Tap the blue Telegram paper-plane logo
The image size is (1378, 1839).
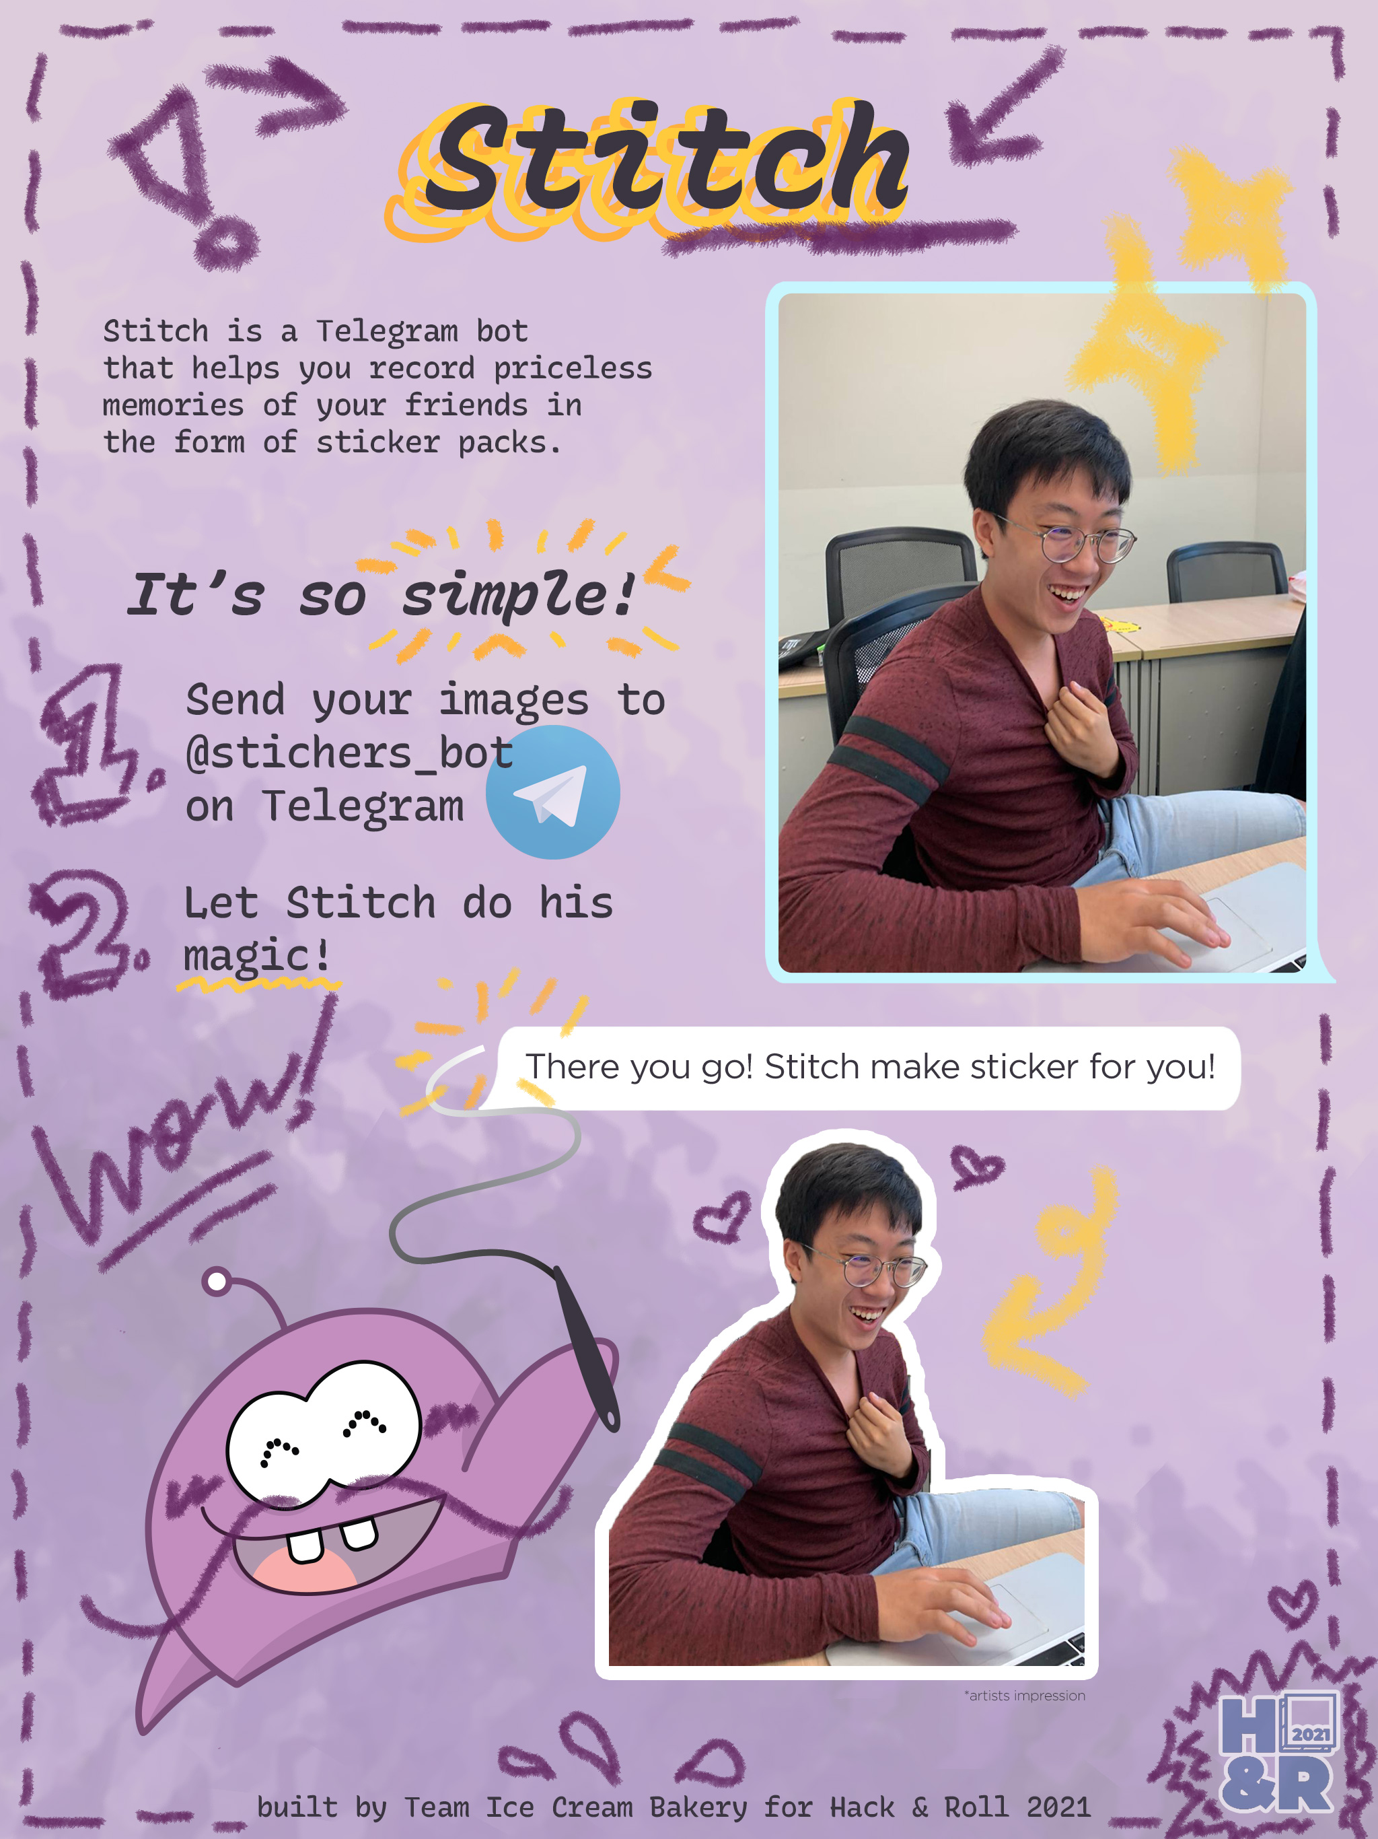click(x=552, y=792)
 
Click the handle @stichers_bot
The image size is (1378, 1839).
click(x=350, y=753)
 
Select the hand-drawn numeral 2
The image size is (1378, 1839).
click(x=83, y=931)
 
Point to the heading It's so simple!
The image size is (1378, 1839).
click(x=382, y=595)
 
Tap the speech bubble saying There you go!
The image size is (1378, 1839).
click(x=869, y=1068)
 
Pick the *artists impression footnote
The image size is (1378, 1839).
click(x=1025, y=1695)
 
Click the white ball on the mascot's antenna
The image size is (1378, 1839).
click(x=217, y=1281)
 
